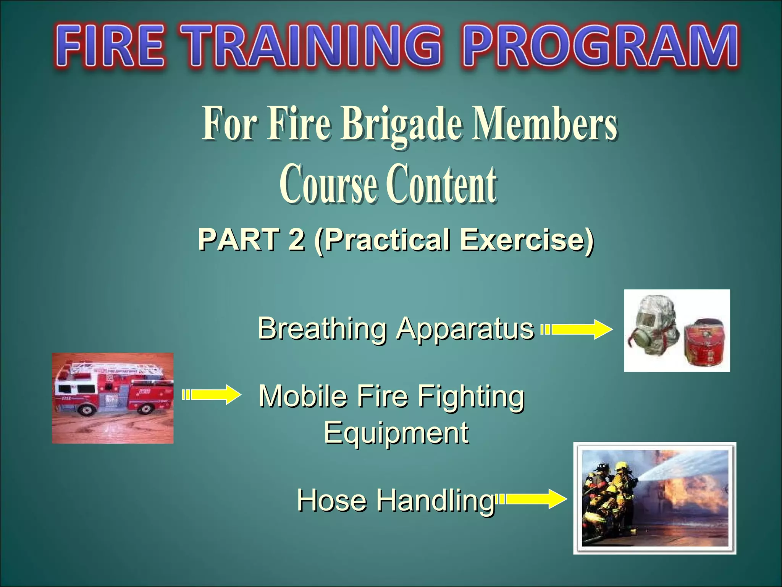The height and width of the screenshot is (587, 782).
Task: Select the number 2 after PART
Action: click(297, 240)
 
